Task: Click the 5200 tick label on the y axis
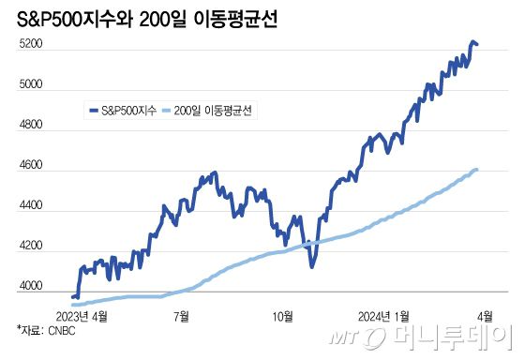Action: pyautogui.click(x=31, y=44)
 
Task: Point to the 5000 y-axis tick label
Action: pyautogui.click(x=31, y=84)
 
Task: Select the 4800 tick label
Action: pyautogui.click(x=31, y=125)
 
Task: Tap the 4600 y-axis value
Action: pyautogui.click(x=31, y=165)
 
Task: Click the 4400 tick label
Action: pyautogui.click(x=31, y=205)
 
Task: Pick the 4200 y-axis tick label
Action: pyautogui.click(x=31, y=246)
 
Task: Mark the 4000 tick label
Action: pyautogui.click(x=31, y=286)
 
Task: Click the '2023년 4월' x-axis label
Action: pyautogui.click(x=82, y=314)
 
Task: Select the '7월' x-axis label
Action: pyautogui.click(x=182, y=314)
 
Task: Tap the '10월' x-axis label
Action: pyautogui.click(x=282, y=314)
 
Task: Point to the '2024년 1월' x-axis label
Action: pyautogui.click(x=382, y=314)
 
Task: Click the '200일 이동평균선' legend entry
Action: pyautogui.click(x=210, y=110)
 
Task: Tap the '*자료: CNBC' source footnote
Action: pyautogui.click(x=46, y=329)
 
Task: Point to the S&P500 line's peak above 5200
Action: pyautogui.click(x=472, y=41)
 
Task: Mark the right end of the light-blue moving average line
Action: pyautogui.click(x=477, y=170)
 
